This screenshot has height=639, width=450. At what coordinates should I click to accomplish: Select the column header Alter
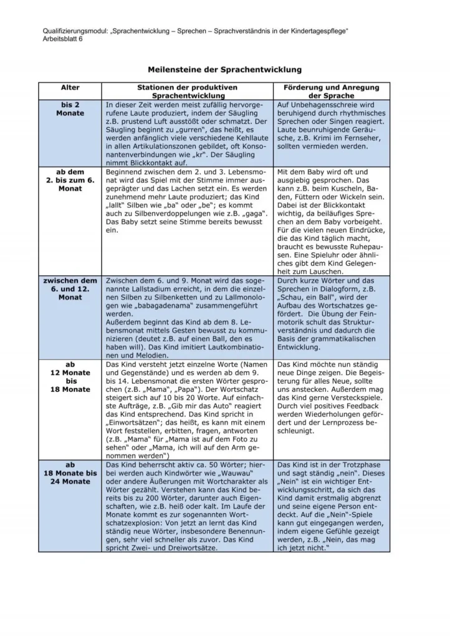click(x=70, y=88)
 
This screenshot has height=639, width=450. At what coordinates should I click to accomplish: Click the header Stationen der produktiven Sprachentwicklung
click(x=187, y=92)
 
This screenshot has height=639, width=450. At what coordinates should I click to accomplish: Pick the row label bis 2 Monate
click(x=70, y=109)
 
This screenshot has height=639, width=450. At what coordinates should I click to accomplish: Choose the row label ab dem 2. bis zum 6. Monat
click(x=70, y=180)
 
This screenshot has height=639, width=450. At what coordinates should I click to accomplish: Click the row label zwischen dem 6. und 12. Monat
click(x=70, y=289)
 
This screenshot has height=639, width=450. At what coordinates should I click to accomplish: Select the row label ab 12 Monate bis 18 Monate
click(x=70, y=377)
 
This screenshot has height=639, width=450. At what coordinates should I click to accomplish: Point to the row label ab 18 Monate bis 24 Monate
click(x=70, y=473)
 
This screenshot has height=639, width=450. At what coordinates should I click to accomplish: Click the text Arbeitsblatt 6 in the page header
click(x=62, y=39)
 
